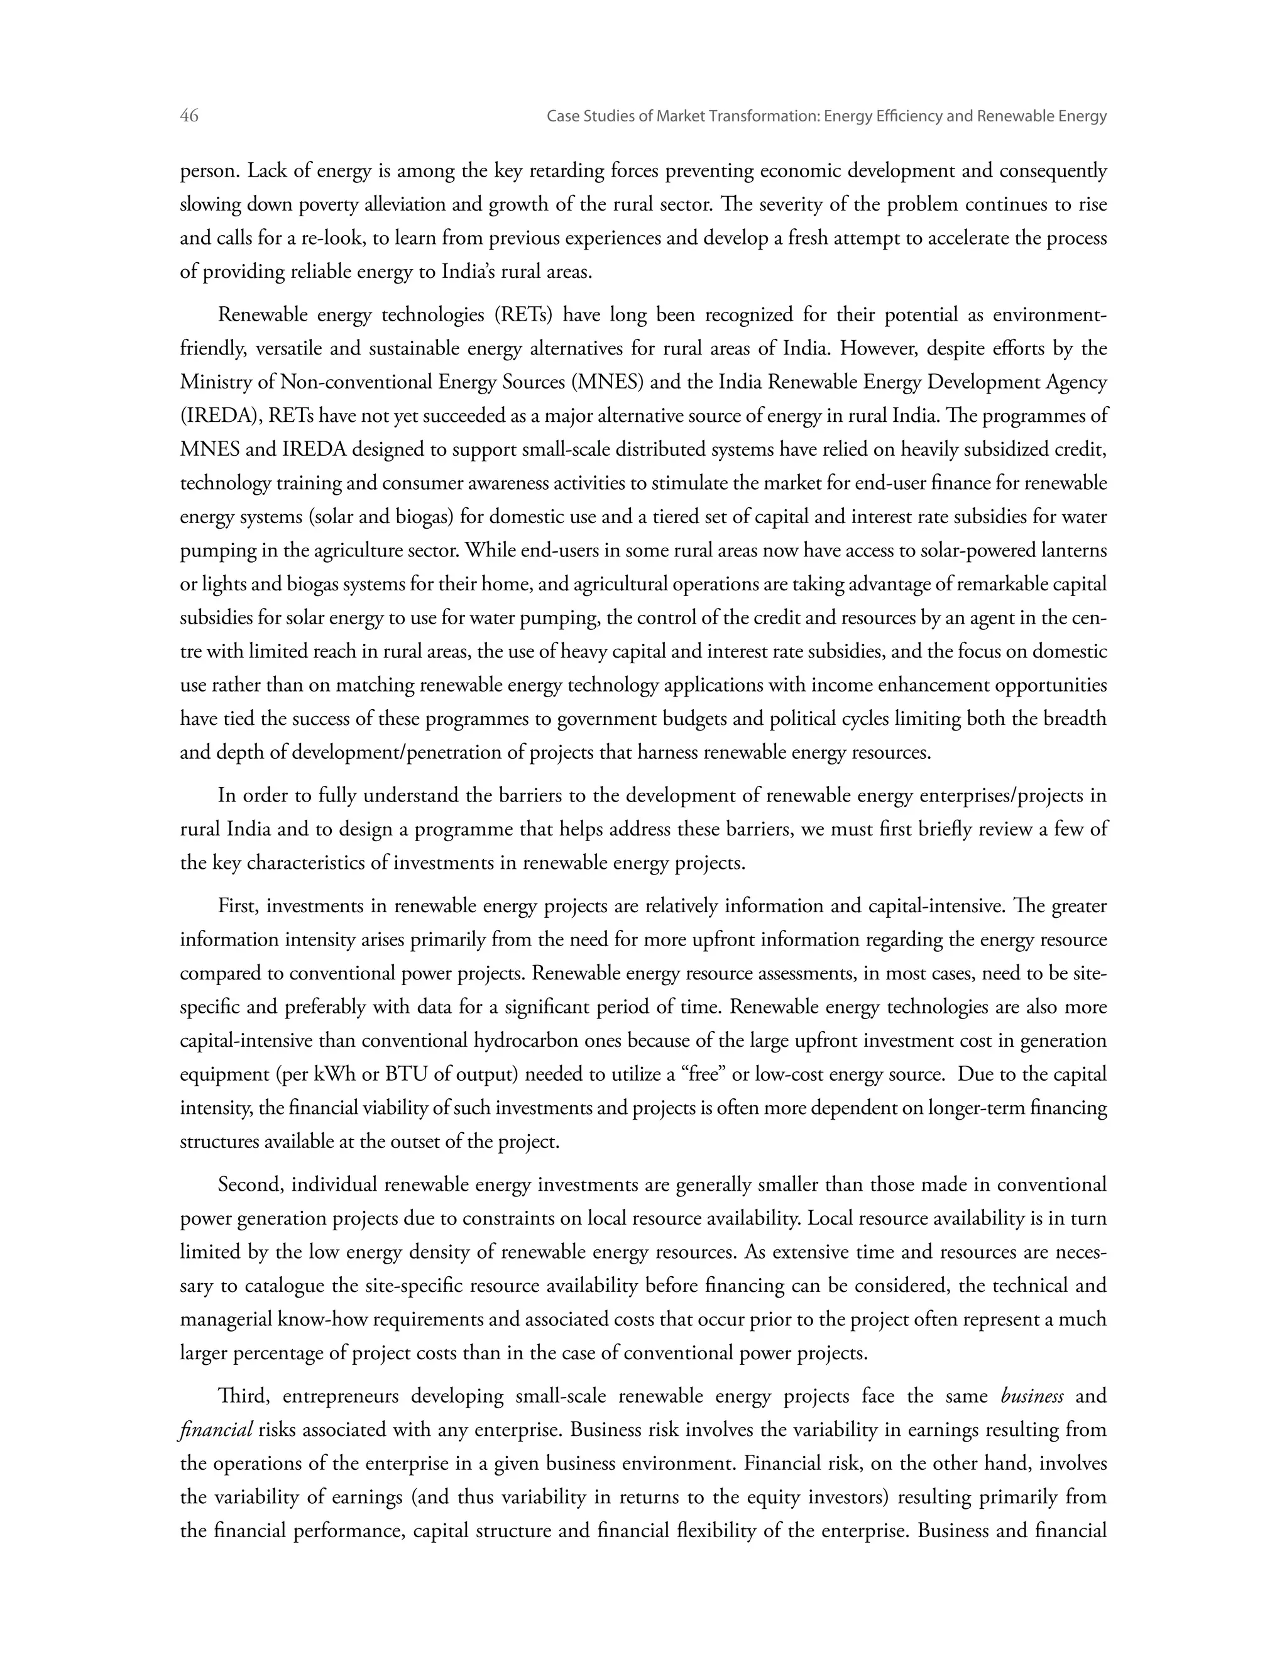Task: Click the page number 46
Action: tap(189, 116)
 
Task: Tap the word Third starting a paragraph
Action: tap(244, 1396)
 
